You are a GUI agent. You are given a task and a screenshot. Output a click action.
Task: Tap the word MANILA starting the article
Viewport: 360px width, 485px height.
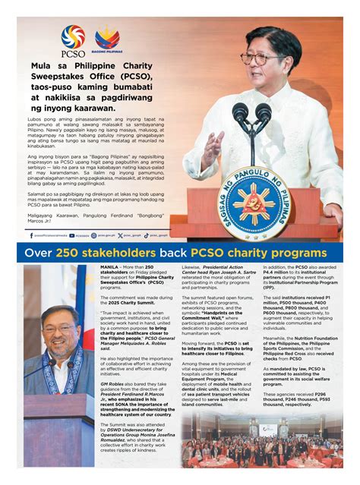pyautogui.click(x=111, y=268)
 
